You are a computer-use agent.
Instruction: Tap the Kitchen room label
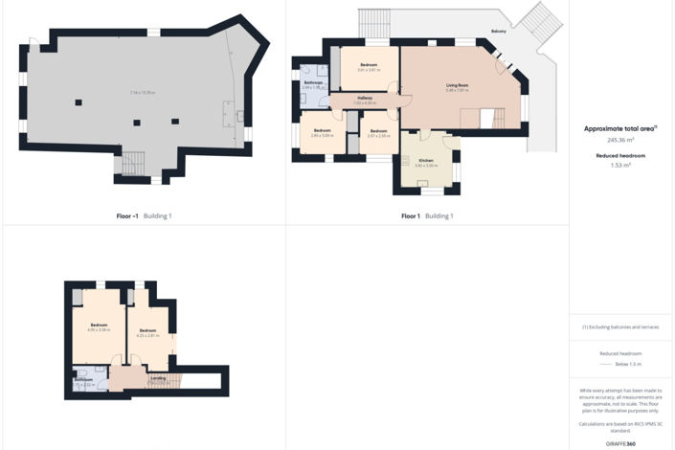(426, 160)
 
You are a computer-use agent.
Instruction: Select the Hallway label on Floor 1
(365, 98)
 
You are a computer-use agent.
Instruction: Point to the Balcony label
(498, 32)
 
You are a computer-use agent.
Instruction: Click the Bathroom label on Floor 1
(314, 82)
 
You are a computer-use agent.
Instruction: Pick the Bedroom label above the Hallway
(369, 64)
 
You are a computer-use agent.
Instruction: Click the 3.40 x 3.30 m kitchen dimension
(426, 166)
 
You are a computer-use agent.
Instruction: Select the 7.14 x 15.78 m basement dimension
(143, 92)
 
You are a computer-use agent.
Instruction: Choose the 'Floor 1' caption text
(411, 216)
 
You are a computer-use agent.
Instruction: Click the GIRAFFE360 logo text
(620, 444)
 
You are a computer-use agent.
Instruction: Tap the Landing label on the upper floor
(158, 378)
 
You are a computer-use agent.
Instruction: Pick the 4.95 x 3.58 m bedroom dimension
(99, 330)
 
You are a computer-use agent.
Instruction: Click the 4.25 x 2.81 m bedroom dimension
(146, 335)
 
